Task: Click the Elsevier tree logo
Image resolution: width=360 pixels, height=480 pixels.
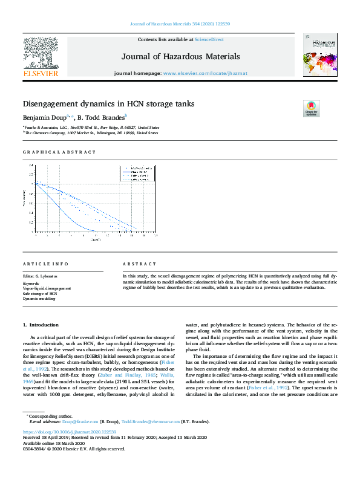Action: (41, 53)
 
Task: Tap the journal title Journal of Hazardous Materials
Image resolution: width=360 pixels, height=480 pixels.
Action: (181, 57)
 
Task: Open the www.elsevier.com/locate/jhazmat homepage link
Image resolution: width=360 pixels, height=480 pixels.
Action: (205, 73)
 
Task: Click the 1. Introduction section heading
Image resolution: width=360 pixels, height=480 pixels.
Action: (41, 325)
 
